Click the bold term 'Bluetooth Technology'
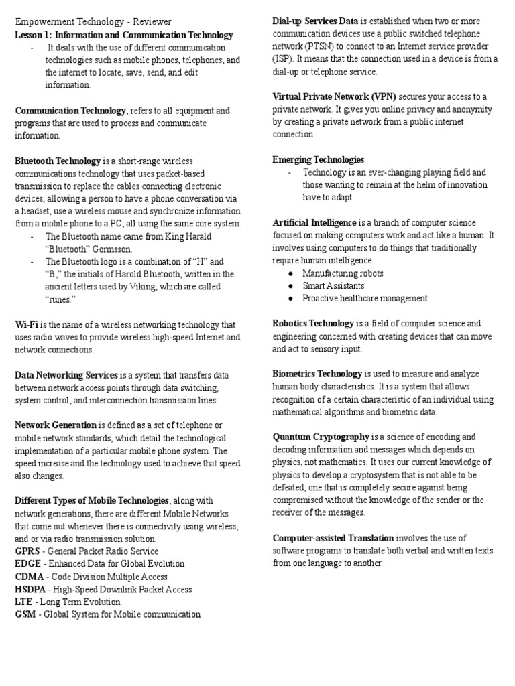click(x=58, y=161)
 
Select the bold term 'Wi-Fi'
click(x=27, y=325)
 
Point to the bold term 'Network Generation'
click(x=56, y=425)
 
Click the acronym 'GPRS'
click(x=28, y=551)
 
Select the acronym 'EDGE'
click(x=27, y=564)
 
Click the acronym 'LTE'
click(x=23, y=602)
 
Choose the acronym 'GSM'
click(x=25, y=614)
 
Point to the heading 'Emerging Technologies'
click(x=318, y=159)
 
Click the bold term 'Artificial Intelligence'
click(x=314, y=222)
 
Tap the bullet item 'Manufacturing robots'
click(x=343, y=273)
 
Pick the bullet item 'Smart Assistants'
click(x=333, y=286)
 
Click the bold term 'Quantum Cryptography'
click(x=321, y=437)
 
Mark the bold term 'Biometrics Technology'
click(x=317, y=374)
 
